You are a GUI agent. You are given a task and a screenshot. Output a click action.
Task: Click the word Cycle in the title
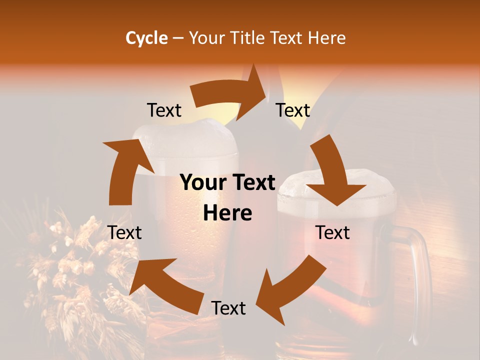click(146, 38)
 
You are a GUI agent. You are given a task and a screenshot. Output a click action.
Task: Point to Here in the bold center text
click(227, 213)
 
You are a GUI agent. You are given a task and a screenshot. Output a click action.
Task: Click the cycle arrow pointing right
click(235, 92)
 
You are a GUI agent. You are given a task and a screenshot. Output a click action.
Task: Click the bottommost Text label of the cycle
click(228, 308)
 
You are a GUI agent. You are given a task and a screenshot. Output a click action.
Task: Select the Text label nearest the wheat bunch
click(125, 232)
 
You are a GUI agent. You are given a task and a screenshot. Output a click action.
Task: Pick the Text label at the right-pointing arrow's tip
click(293, 110)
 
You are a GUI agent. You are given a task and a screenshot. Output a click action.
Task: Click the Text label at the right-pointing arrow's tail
click(164, 110)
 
